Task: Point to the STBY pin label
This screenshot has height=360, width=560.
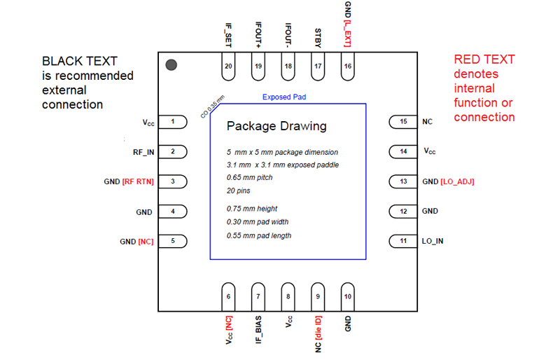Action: pos(318,36)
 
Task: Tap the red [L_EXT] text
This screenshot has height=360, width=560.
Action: pos(348,33)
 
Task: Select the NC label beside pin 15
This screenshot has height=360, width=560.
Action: pos(428,122)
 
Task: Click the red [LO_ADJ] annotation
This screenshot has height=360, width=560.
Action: pos(458,181)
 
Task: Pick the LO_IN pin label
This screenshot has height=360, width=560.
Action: pos(432,241)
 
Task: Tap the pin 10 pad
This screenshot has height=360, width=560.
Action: pos(348,296)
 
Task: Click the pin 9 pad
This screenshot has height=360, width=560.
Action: pos(318,296)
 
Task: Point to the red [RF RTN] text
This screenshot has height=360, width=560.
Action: pos(138,181)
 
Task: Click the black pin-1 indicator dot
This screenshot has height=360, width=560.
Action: pos(171,65)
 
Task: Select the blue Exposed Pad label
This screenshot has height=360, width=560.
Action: pos(284,97)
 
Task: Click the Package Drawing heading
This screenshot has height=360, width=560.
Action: pos(276,127)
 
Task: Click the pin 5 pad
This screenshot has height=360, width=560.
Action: pos(174,241)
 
